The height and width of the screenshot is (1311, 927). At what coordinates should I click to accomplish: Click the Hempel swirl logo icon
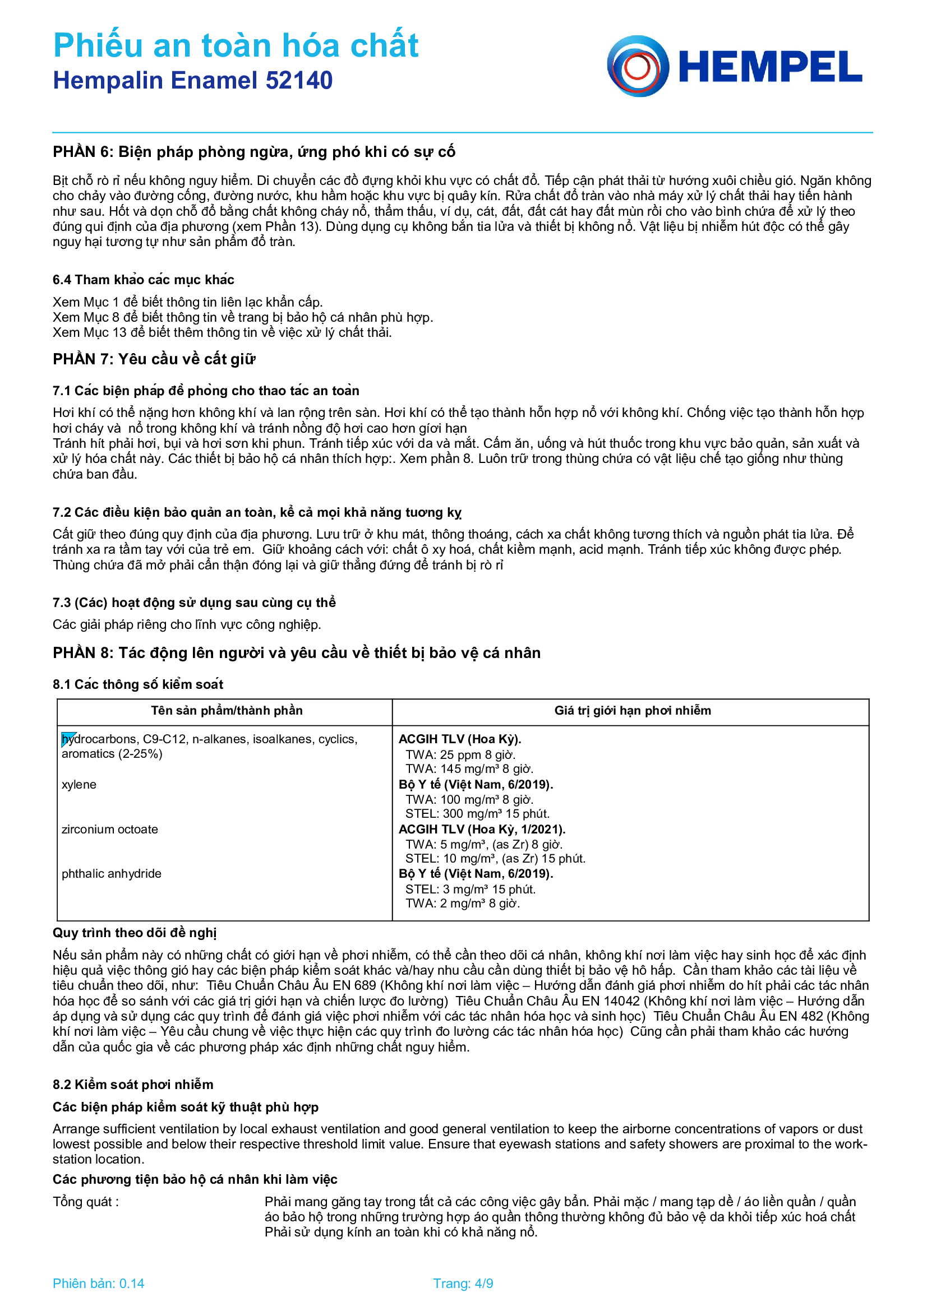[x=638, y=66]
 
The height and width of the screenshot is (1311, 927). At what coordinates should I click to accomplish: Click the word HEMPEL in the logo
[x=770, y=67]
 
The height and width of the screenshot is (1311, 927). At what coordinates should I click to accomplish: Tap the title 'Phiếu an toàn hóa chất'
[x=236, y=45]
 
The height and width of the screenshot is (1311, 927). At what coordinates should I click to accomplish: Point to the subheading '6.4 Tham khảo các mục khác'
[x=144, y=280]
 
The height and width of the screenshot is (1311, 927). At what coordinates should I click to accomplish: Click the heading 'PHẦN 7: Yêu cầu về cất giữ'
[x=154, y=359]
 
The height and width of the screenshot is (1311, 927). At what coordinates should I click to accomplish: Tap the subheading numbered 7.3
[x=194, y=603]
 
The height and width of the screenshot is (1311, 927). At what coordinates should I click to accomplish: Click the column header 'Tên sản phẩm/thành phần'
[x=227, y=710]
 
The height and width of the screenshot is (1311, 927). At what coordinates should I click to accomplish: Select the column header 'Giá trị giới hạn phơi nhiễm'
[x=632, y=710]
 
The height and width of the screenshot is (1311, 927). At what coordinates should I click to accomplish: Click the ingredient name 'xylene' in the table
[x=79, y=785]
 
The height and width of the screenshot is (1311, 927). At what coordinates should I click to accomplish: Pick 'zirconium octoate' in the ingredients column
[x=110, y=829]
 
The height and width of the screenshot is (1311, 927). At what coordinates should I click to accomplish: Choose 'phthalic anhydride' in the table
[x=112, y=874]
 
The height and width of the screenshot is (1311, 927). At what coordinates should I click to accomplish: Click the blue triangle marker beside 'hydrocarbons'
[x=68, y=738]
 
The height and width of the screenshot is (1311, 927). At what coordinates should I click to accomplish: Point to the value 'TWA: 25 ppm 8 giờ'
[x=460, y=755]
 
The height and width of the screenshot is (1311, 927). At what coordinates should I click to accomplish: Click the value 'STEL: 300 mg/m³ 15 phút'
[x=477, y=814]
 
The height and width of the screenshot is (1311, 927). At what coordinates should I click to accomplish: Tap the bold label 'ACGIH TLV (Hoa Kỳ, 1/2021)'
[x=482, y=829]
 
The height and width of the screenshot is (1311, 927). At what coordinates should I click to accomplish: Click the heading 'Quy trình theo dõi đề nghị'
[x=134, y=933]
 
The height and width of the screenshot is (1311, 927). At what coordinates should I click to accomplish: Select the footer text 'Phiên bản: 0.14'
[x=98, y=1284]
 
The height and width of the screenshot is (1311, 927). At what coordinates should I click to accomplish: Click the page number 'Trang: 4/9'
[x=463, y=1284]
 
